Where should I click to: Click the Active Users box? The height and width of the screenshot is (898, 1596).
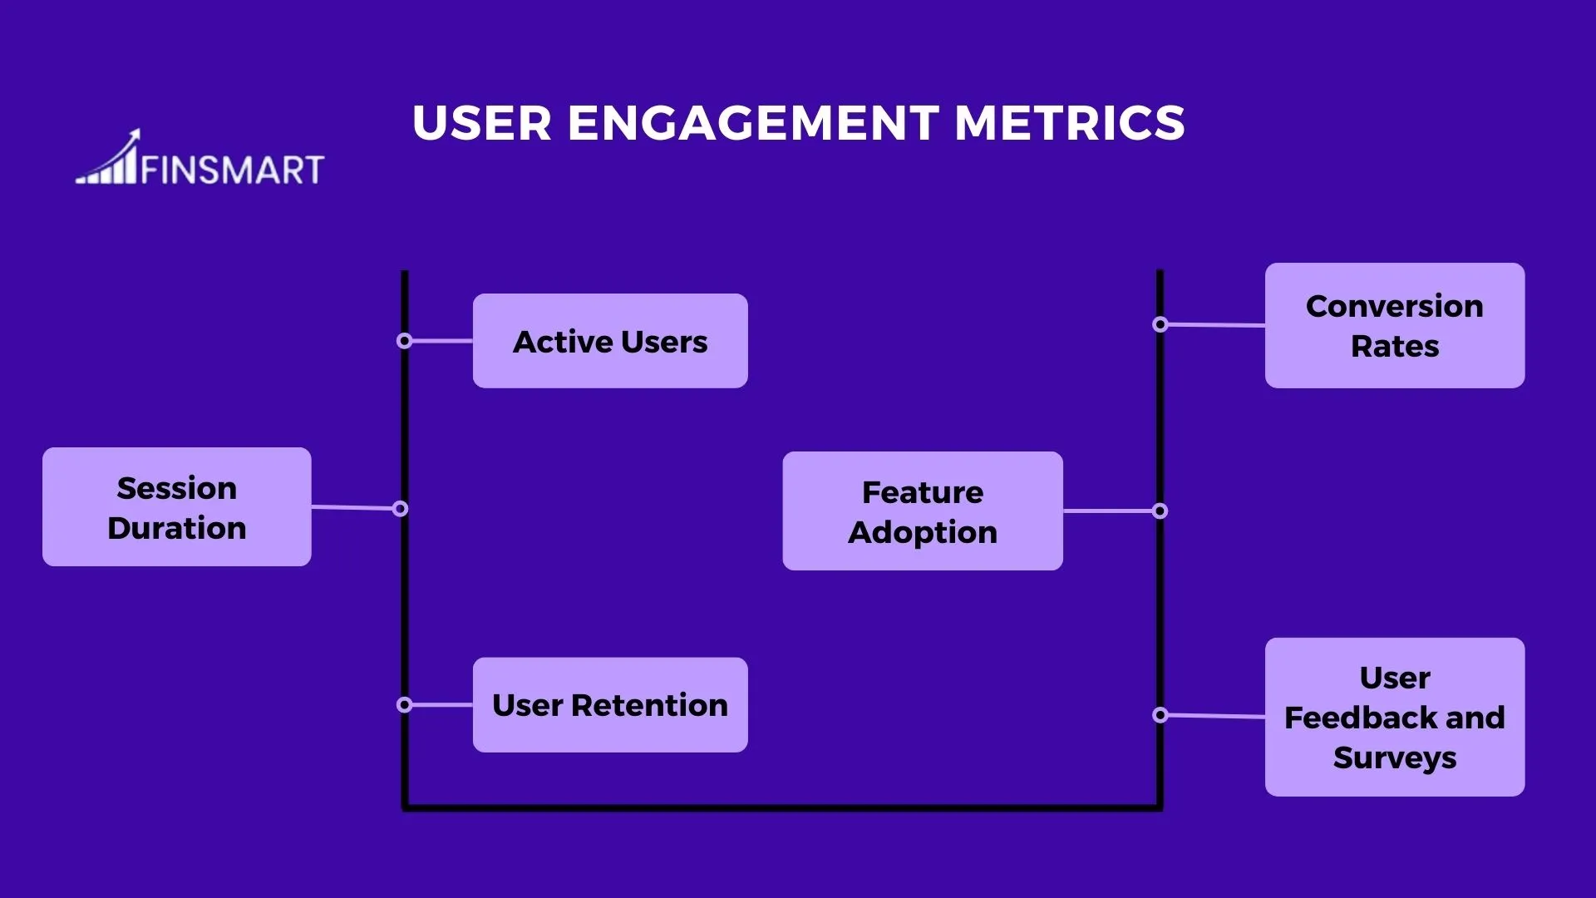point(610,341)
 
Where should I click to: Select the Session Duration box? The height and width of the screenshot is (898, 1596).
point(177,507)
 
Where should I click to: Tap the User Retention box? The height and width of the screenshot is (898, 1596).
point(610,705)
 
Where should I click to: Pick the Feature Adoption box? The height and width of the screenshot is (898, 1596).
point(923,511)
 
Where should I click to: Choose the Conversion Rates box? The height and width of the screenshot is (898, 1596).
point(1395,326)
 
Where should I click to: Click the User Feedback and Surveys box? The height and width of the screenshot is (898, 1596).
point(1395,717)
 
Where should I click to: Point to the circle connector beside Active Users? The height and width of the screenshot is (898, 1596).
point(405,341)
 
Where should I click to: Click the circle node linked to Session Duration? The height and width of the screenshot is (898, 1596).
point(401,509)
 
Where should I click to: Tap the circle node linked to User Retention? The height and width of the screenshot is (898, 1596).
point(405,705)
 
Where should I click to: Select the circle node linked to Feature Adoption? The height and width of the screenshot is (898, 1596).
point(1160,511)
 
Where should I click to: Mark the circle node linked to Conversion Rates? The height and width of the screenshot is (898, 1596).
point(1160,324)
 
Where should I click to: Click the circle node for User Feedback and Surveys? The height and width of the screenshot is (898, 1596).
point(1160,715)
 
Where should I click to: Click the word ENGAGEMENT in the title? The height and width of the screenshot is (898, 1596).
point(753,123)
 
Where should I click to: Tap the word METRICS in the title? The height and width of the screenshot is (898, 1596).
point(1070,123)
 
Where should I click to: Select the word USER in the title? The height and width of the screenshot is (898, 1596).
point(482,123)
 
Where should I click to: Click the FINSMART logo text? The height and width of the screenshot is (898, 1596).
point(232,170)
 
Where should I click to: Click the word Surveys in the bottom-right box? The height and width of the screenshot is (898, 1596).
point(1395,757)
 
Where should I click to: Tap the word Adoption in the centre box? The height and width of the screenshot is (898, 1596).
point(923,532)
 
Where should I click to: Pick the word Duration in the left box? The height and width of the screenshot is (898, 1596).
point(177,528)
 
